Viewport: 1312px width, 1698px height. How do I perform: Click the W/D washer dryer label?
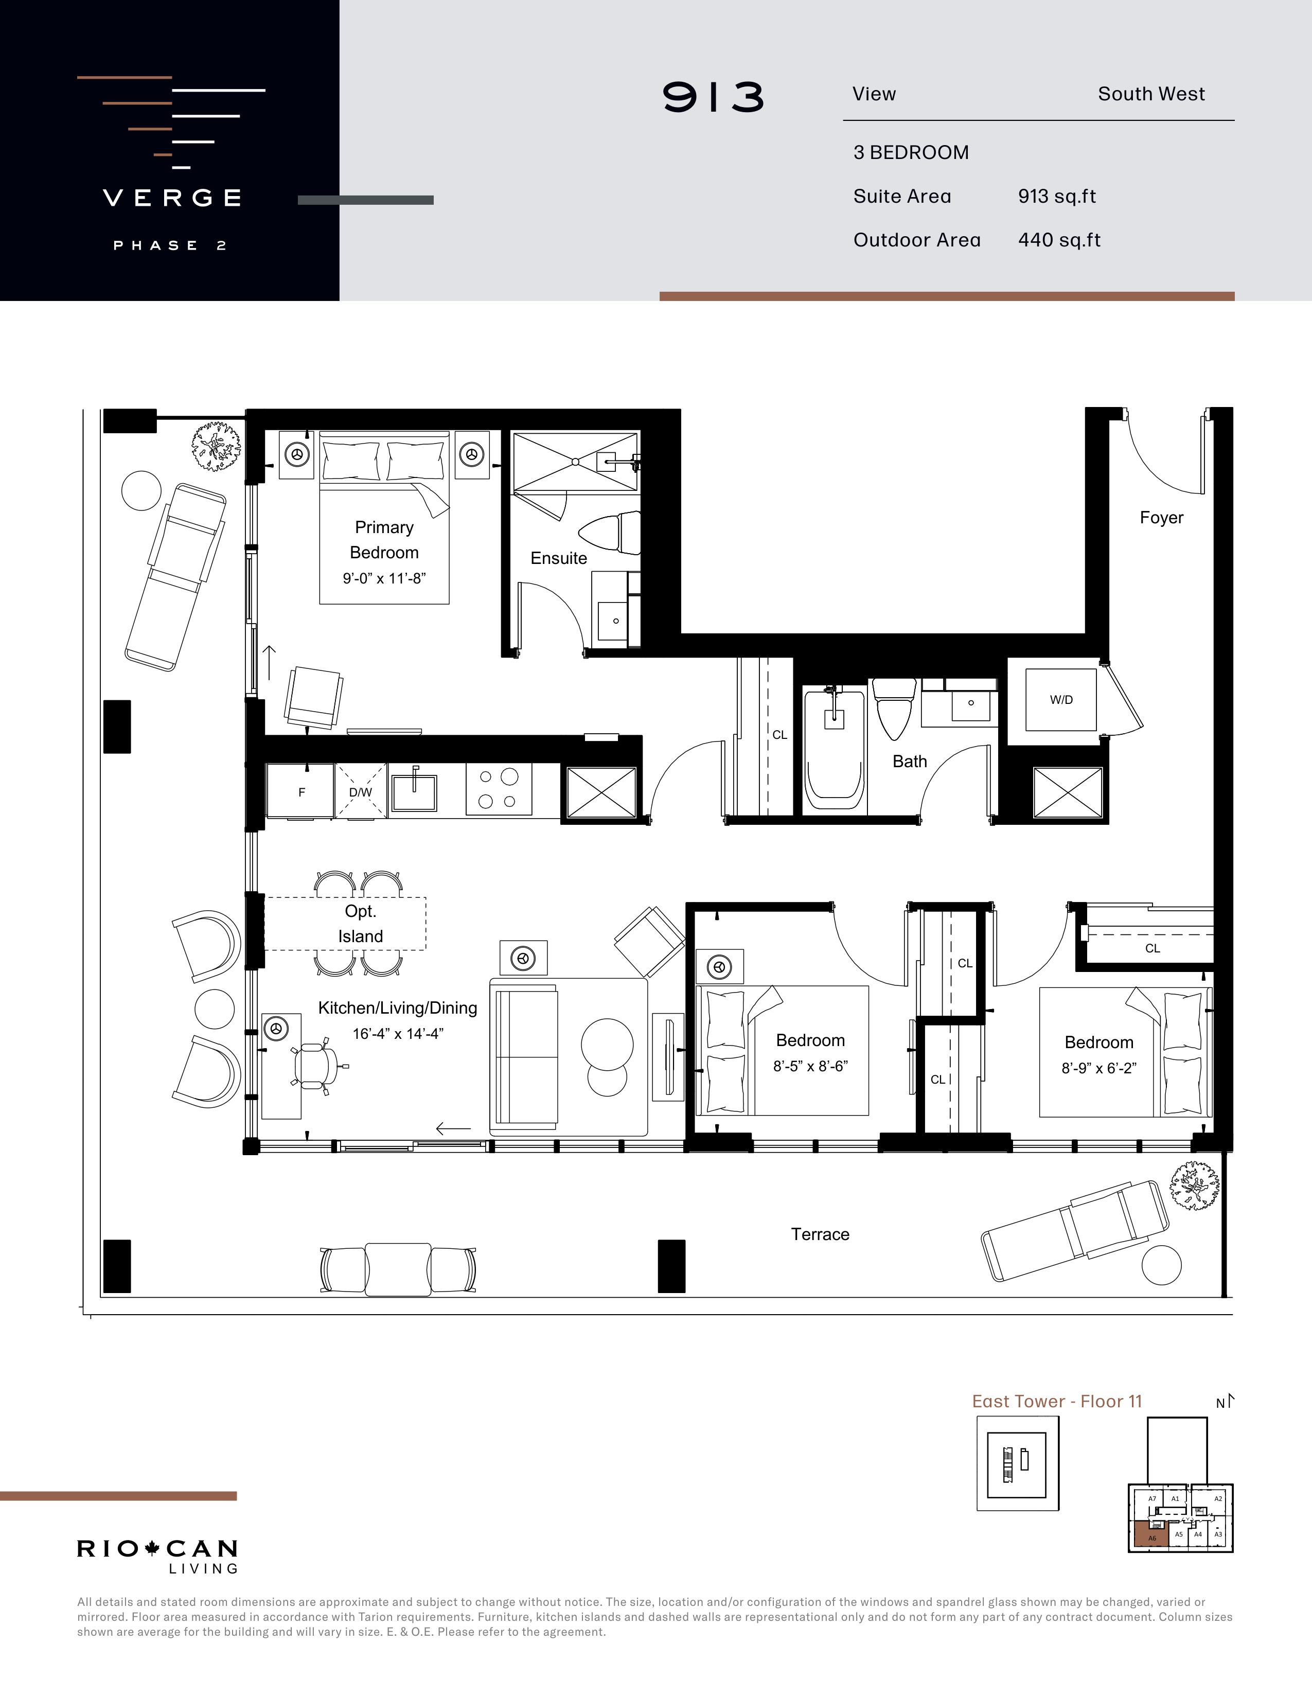tap(1061, 700)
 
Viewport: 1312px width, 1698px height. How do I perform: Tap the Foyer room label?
tap(1161, 518)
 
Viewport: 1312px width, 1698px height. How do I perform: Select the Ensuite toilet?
tap(610, 534)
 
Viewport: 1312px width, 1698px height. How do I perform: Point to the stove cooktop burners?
tap(498, 789)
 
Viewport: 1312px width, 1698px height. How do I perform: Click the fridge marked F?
tap(301, 791)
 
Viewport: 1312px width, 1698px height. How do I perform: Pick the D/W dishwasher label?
tap(360, 792)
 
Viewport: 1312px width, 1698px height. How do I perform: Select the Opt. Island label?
tap(361, 924)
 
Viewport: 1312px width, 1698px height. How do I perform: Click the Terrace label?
tap(820, 1234)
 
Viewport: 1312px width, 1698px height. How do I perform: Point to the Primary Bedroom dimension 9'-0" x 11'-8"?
tap(384, 578)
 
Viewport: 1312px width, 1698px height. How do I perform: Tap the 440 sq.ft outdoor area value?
tap(1059, 240)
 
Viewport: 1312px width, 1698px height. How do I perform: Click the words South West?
tap(1151, 94)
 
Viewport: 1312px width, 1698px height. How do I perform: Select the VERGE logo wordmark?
tap(172, 198)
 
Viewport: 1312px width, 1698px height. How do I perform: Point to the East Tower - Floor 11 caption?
tap(1057, 1401)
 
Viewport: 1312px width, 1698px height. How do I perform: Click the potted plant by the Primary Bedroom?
tap(215, 446)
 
